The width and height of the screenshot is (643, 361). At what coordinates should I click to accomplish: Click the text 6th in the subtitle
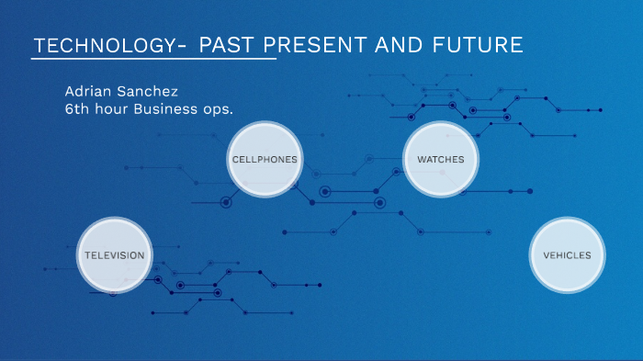click(x=76, y=108)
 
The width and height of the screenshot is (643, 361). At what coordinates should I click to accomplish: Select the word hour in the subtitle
click(x=113, y=108)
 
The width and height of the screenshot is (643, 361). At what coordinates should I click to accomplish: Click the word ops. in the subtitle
click(x=220, y=109)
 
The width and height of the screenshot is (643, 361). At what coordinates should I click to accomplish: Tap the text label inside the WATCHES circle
click(x=441, y=160)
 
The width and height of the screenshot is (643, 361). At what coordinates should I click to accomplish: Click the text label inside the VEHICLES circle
click(x=567, y=255)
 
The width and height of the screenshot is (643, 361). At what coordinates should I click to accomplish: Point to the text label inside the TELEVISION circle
click(x=113, y=255)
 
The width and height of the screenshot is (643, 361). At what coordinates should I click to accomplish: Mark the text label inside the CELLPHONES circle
click(x=265, y=160)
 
